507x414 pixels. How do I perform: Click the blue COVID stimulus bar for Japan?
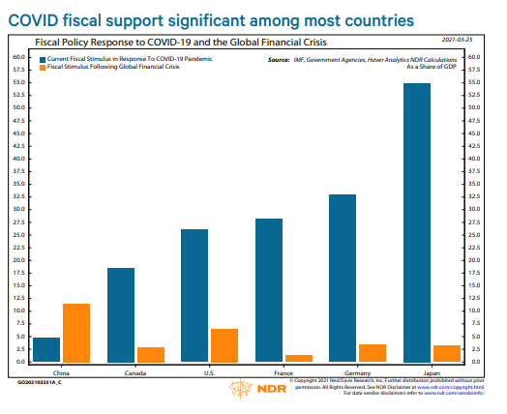(x=417, y=222)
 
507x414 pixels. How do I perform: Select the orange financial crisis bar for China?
(x=76, y=333)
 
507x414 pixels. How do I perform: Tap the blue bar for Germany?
(x=343, y=279)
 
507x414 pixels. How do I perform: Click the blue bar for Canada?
(x=121, y=314)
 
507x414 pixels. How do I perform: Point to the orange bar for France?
(x=299, y=358)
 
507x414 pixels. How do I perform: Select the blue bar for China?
(x=46, y=349)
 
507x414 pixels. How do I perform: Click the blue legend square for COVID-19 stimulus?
(x=43, y=59)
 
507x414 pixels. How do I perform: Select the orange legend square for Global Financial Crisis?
(x=43, y=68)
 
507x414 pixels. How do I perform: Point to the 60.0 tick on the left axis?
(x=18, y=56)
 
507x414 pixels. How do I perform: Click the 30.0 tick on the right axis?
(x=473, y=209)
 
